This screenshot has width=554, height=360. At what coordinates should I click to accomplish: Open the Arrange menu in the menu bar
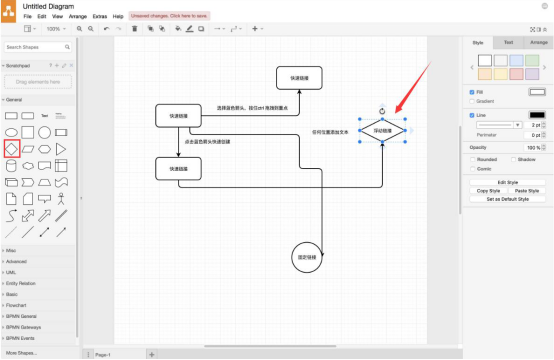tap(77, 17)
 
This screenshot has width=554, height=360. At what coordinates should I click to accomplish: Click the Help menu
tap(118, 17)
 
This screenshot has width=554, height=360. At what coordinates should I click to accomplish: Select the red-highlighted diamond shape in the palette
tap(10, 149)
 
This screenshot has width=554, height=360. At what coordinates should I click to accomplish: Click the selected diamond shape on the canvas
tap(382, 131)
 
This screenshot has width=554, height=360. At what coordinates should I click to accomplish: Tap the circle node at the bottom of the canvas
tap(307, 257)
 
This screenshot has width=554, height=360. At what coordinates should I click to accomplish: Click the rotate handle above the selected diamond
tap(382, 110)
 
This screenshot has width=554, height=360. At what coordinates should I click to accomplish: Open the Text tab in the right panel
tap(508, 43)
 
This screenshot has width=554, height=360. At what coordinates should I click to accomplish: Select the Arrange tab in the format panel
tap(538, 43)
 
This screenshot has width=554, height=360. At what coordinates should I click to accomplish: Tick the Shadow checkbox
tap(513, 159)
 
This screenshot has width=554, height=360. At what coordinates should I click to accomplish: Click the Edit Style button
tap(507, 182)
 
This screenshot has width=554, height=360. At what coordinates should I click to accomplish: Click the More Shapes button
tap(22, 353)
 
